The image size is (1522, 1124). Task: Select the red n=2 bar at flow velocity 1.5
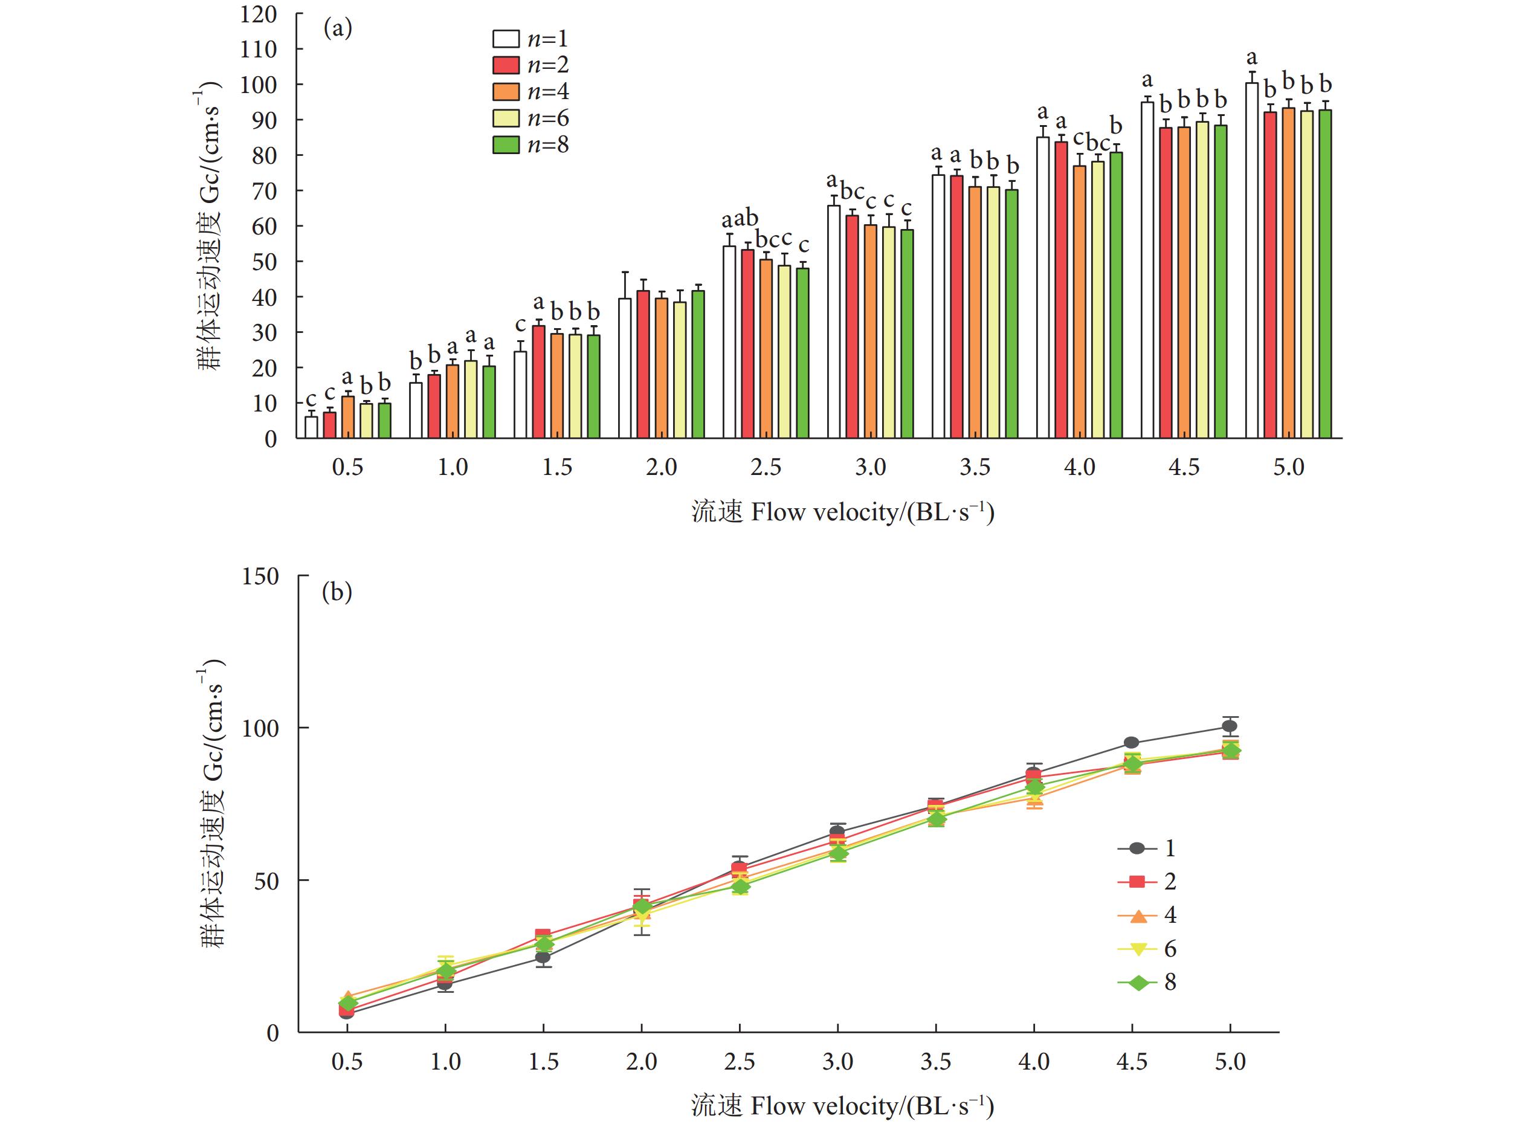539,382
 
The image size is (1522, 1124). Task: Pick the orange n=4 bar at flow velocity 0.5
347,417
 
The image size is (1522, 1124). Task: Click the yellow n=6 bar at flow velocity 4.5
1202,279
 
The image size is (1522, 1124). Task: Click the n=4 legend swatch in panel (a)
506,92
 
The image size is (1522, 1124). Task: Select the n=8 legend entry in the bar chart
530,145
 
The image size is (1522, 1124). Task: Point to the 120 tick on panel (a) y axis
259,14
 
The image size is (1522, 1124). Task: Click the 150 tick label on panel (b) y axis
260,577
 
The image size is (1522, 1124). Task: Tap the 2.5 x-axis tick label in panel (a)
766,467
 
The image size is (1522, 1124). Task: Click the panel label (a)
338,28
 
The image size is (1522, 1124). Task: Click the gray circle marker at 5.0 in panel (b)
1230,726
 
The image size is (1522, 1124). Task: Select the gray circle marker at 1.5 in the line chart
543,957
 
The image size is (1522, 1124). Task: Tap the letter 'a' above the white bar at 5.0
1251,58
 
